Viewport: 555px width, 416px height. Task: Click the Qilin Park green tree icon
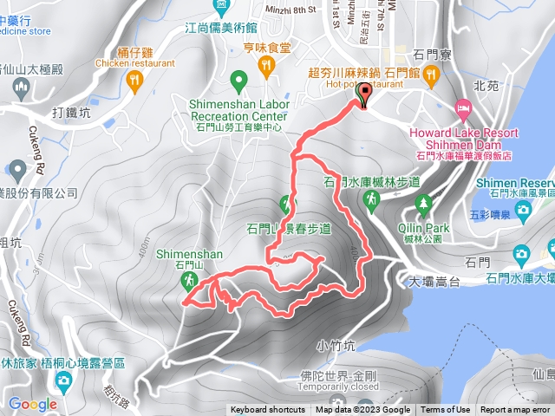(423, 205)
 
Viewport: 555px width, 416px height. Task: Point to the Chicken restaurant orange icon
(134, 81)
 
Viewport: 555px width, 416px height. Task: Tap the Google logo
(33, 404)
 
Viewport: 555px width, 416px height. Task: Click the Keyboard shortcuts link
(268, 410)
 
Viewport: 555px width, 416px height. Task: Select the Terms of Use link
(446, 410)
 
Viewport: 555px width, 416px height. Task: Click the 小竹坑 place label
(335, 345)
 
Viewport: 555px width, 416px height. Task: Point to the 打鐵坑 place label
(71, 113)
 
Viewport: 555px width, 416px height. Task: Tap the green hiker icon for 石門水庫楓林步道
(371, 200)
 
